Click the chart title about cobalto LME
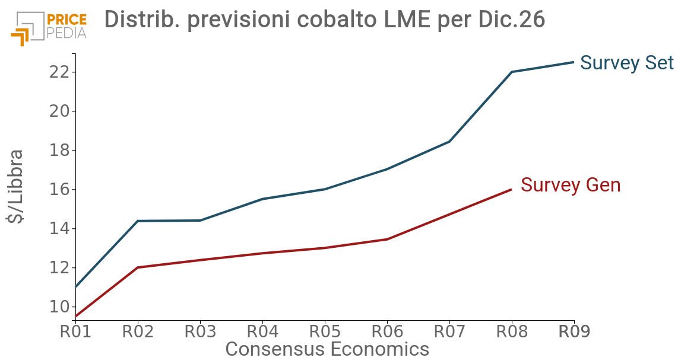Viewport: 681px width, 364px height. tap(324, 20)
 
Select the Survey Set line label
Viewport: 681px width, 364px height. tap(626, 63)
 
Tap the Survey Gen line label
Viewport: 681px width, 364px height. tap(570, 185)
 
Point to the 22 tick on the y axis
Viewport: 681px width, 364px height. tap(62, 72)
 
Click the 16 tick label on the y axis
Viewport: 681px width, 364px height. tap(62, 190)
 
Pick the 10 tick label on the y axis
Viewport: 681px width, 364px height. tap(62, 307)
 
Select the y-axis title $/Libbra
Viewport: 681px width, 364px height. tap(16, 186)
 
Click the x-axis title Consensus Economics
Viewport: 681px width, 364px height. tap(327, 349)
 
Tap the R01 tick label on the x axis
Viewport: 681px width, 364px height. tap(75, 331)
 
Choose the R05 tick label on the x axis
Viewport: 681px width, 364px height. tap(325, 331)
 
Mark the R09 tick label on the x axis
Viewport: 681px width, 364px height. tap(574, 331)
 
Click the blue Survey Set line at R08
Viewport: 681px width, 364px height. tap(512, 72)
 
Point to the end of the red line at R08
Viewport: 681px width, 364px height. tap(511, 190)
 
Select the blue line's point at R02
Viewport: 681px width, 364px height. tap(138, 221)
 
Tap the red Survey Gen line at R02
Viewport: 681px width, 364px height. tap(138, 267)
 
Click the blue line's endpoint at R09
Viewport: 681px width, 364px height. tap(574, 62)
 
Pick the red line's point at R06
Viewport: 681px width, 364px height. tap(387, 239)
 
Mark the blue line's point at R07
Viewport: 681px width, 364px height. tap(449, 141)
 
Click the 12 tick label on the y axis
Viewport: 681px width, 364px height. tap(62, 268)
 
